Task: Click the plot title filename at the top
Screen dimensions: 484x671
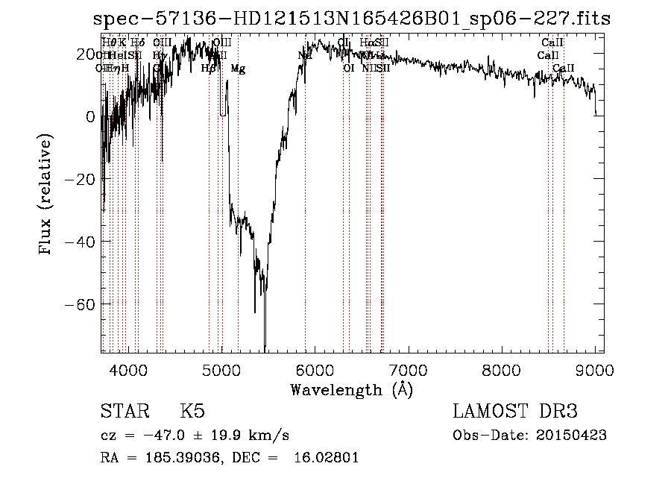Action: tap(352, 19)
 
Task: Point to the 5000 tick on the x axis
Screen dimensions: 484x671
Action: tap(221, 369)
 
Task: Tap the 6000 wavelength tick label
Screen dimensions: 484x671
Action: tap(315, 369)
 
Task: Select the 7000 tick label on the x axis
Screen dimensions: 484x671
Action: tap(408, 369)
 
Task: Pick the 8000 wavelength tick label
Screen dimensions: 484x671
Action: tap(501, 369)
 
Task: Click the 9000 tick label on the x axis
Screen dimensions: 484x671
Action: tap(594, 369)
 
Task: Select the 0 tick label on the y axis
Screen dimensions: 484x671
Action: tap(89, 116)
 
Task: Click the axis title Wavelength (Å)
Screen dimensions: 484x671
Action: tap(351, 389)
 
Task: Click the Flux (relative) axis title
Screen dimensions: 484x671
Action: tap(46, 195)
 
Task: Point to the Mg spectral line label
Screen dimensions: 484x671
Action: tap(238, 69)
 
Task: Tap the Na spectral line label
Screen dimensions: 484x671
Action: tap(304, 55)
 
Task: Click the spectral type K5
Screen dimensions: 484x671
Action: tap(192, 412)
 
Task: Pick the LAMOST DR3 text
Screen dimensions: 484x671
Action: tap(515, 412)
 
